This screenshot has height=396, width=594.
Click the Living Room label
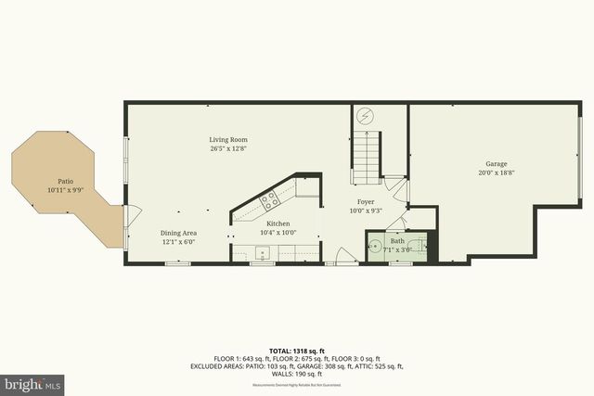pyautogui.click(x=227, y=140)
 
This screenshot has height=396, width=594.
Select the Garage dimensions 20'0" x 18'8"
pyautogui.click(x=496, y=172)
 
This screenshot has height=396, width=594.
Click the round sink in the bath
pyautogui.click(x=376, y=248)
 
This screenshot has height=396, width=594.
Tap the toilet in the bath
pyautogui.click(x=425, y=247)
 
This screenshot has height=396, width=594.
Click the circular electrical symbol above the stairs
pyautogui.click(x=366, y=116)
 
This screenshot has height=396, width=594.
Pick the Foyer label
pyautogui.click(x=366, y=201)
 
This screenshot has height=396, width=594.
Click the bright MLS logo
pyautogui.click(x=32, y=382)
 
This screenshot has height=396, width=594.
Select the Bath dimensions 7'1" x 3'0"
pyautogui.click(x=397, y=249)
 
